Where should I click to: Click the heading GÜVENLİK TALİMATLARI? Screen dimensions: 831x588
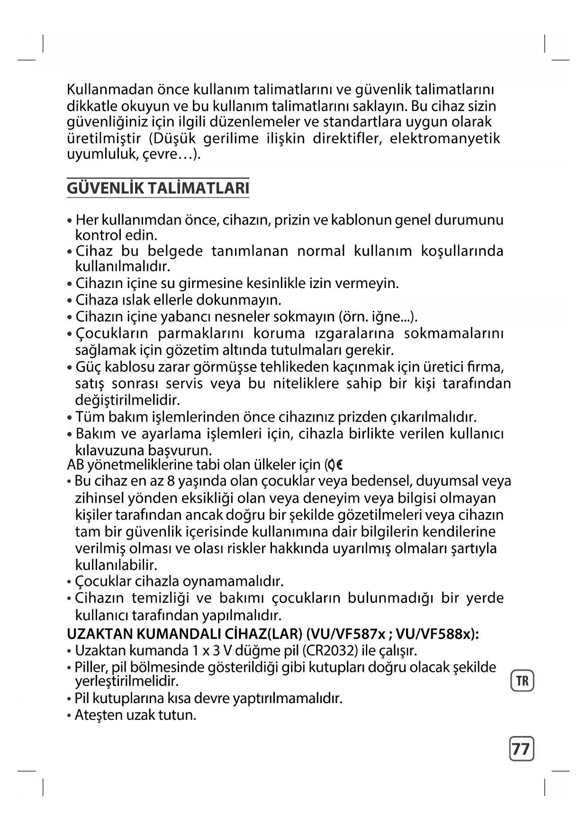(x=158, y=189)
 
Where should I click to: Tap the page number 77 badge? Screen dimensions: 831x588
(x=521, y=749)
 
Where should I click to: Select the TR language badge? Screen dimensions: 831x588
(x=522, y=681)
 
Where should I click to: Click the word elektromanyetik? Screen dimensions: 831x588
(x=445, y=139)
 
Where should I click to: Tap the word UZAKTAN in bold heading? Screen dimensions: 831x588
(x=100, y=633)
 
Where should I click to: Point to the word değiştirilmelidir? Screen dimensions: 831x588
(x=127, y=400)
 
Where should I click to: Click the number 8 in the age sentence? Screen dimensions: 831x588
(x=171, y=481)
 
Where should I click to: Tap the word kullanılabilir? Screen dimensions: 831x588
(x=116, y=565)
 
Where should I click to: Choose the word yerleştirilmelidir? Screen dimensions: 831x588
(x=127, y=681)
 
